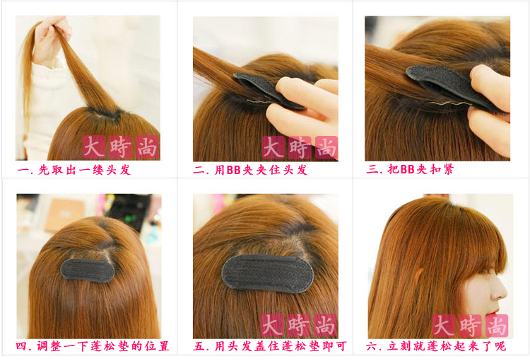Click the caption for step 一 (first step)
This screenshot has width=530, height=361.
click(x=74, y=170)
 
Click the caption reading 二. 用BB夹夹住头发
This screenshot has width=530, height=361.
click(x=250, y=170)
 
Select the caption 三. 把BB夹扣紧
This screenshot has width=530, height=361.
click(x=410, y=169)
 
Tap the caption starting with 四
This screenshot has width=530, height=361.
click(x=93, y=346)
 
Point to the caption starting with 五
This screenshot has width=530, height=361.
click(x=270, y=346)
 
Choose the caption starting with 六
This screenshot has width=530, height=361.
click(x=436, y=346)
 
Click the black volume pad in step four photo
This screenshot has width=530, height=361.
click(x=87, y=271)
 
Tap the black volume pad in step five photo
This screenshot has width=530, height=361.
click(x=268, y=274)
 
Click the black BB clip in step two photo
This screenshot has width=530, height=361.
click(x=267, y=90)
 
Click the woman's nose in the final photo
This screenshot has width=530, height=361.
click(x=501, y=290)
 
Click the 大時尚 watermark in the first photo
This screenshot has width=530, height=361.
click(x=121, y=147)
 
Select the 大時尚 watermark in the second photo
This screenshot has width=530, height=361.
click(x=300, y=147)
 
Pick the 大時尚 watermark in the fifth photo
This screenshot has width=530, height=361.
click(x=299, y=326)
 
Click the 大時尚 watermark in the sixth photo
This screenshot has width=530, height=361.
click(x=471, y=326)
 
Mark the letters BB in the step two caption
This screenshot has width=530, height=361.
click(x=234, y=170)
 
